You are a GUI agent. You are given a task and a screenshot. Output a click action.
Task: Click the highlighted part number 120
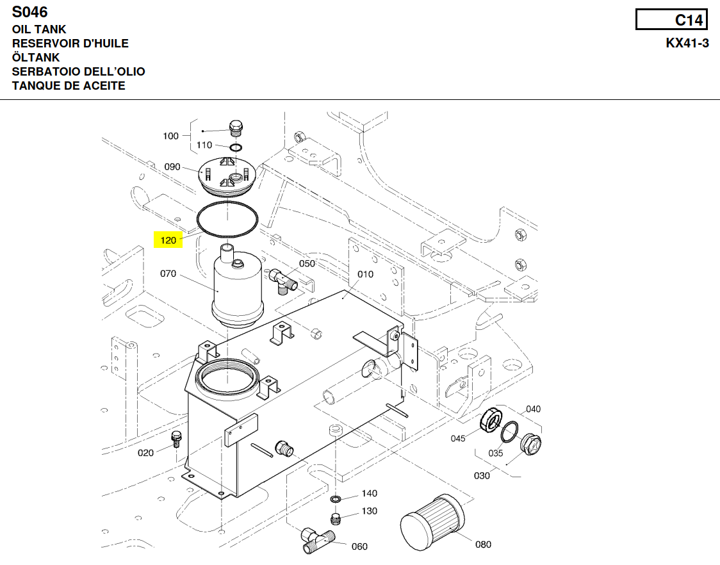[168, 241]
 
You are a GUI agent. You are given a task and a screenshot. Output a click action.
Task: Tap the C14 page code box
[671, 20]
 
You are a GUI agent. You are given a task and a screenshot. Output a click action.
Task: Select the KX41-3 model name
[687, 44]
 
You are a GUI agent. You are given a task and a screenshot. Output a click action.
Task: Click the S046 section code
[30, 12]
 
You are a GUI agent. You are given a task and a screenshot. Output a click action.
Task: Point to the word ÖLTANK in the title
[36, 58]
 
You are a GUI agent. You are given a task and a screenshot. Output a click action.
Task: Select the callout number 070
[168, 274]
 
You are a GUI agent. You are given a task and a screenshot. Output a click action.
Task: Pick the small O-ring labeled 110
[236, 149]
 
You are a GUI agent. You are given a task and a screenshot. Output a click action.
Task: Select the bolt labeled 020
[177, 439]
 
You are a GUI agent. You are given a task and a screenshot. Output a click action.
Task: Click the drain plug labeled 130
[335, 518]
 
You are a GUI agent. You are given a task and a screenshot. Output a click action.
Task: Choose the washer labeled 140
[336, 499]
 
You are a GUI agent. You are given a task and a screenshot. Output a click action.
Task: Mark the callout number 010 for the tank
[365, 274]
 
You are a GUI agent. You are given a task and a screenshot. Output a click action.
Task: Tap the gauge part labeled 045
[491, 420]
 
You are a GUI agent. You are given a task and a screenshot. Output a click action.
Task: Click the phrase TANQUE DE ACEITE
[69, 86]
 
